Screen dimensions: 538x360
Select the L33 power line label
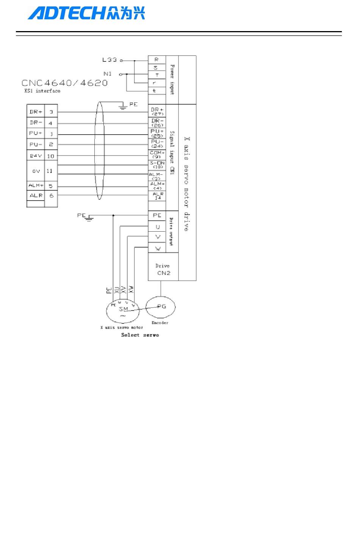click(110, 60)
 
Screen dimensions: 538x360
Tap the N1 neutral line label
click(108, 74)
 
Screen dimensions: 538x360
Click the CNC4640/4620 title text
click(64, 83)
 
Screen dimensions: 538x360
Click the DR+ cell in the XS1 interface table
click(36, 112)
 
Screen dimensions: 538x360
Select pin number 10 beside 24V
click(51, 156)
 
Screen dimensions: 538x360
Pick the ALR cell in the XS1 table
click(36, 196)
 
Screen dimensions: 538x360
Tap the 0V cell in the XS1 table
click(36, 171)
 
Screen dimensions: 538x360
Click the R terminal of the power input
click(157, 60)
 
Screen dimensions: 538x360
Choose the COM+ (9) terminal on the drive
click(157, 154)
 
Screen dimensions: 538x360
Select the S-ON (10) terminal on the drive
click(157, 165)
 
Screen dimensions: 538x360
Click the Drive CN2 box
click(163, 269)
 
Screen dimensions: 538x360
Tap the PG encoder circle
click(161, 306)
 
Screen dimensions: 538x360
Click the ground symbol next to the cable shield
click(122, 106)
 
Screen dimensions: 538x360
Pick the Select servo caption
click(140, 335)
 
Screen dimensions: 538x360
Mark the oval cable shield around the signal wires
click(100, 150)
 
